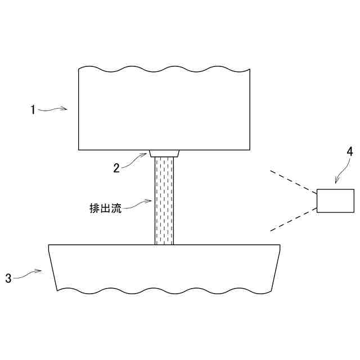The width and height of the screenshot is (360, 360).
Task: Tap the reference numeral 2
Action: pos(116,168)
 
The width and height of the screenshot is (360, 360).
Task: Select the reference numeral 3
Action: pos(8,277)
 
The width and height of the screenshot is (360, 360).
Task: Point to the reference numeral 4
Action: pos(349,151)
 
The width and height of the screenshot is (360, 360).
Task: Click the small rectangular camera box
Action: pos(335,201)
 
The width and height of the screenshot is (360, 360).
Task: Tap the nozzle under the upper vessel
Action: pos(164,154)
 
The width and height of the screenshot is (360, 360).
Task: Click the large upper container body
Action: pos(163,110)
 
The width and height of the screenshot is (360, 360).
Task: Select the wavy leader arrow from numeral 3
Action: pos(28,274)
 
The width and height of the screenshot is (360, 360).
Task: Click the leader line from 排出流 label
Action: pos(138,203)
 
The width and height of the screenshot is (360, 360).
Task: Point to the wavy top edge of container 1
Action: pos(163,69)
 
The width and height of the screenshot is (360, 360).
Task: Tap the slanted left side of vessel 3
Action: pos(53,268)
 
